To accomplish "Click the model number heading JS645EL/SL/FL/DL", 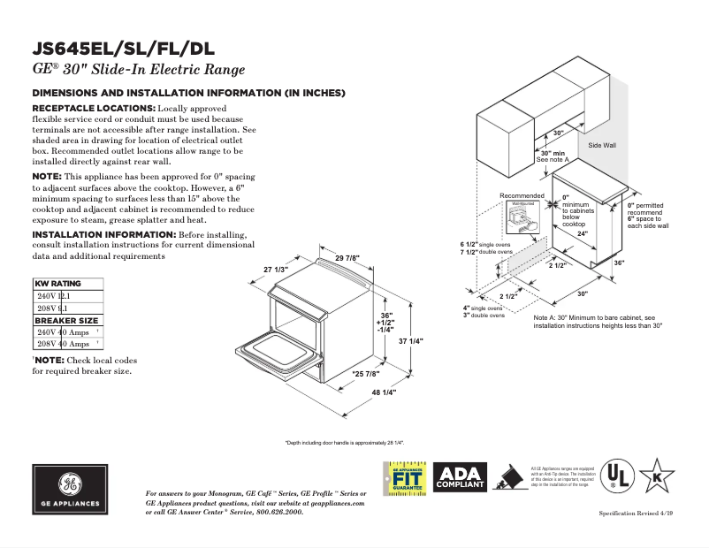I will pos(123,49).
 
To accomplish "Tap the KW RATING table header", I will pos(57,284).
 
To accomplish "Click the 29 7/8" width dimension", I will pos(347,257).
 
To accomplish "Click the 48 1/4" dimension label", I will pos(384,392).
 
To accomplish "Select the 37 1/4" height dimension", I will pos(411,341).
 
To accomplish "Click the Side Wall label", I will pos(602,144).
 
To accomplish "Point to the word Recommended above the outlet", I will pos(522,195).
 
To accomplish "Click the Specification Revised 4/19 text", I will pos(637,514).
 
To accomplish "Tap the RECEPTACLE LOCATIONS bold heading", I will pos(94,108).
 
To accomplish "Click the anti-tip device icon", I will pos(508,477).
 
